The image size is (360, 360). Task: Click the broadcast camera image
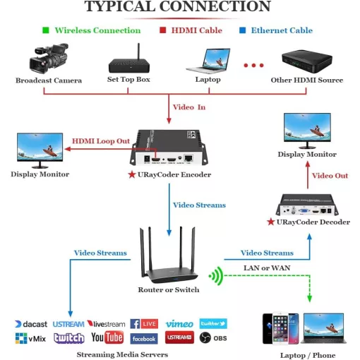click(x=49, y=59)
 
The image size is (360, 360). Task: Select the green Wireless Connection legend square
click(x=46, y=30)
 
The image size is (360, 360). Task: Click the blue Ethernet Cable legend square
click(x=242, y=30)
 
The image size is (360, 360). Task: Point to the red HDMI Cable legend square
click(x=162, y=30)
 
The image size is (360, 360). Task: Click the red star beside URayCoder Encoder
click(x=132, y=174)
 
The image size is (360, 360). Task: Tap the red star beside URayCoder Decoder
click(x=271, y=222)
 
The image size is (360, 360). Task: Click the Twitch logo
click(x=69, y=338)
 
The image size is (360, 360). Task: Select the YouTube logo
click(x=107, y=337)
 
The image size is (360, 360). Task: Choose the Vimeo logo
click(x=179, y=324)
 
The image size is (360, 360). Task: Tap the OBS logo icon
click(x=205, y=338)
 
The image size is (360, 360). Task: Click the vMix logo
click(x=30, y=338)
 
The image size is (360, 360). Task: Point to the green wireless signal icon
click(x=216, y=276)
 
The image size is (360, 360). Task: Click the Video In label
click(x=189, y=107)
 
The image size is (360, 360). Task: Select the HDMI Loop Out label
click(x=101, y=141)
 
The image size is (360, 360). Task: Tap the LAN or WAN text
click(x=267, y=268)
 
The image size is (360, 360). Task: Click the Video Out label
click(x=330, y=176)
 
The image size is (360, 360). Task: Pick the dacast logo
click(x=31, y=324)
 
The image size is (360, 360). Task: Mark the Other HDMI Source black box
click(x=307, y=61)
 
